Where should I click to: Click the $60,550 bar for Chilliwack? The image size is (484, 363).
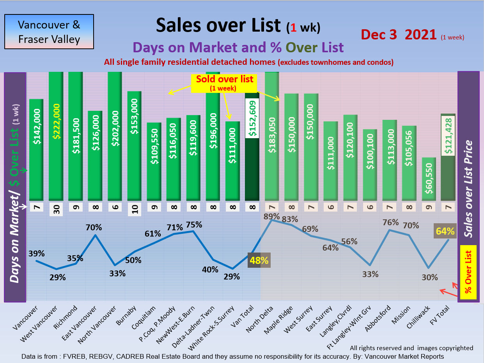(429, 180)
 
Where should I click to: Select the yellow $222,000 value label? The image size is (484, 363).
(56, 121)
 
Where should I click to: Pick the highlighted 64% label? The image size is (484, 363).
(445, 231)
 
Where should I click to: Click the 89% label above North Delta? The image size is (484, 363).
(272, 216)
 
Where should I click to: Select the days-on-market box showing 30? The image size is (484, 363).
(56, 210)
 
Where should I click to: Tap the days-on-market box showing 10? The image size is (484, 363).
(135, 210)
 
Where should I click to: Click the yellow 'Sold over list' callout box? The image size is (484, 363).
(224, 83)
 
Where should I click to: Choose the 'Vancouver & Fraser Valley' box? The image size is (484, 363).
(49, 32)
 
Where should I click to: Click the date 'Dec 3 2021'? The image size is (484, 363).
(398, 34)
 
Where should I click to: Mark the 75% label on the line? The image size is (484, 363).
(194, 224)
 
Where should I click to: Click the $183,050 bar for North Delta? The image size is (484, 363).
(272, 137)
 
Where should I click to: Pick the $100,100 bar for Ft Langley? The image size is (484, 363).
(370, 164)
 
